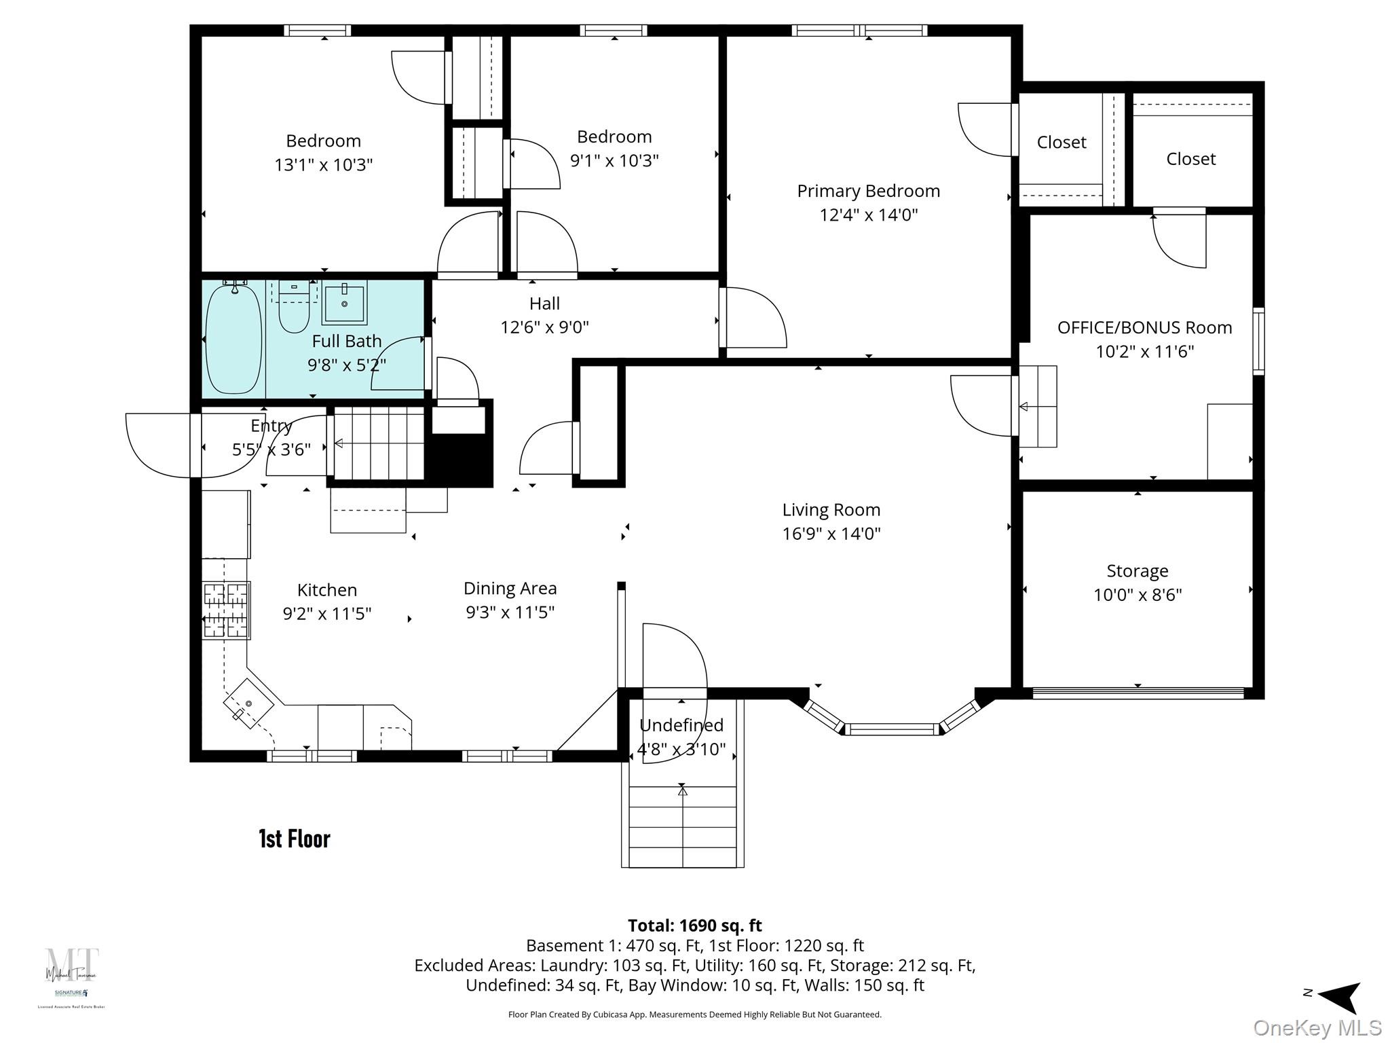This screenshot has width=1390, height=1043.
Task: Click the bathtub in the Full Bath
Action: point(233,339)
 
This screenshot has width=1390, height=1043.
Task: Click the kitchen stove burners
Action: point(226,610)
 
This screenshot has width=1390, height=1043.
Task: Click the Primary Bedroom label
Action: point(868,191)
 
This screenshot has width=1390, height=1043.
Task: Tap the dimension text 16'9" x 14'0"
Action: point(831,534)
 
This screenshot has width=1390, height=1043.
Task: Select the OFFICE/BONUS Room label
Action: point(1144,327)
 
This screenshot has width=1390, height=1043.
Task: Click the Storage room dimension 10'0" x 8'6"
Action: point(1137,595)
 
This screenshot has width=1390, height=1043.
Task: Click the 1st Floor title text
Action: point(295,839)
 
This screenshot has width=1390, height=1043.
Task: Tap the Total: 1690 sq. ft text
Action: point(694,926)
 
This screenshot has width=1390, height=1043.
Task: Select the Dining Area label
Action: point(510,588)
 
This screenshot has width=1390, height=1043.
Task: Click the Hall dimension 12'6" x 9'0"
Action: point(544,327)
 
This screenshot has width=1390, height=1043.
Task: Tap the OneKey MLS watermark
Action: point(1317,1028)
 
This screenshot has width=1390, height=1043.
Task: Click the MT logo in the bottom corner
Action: point(72,965)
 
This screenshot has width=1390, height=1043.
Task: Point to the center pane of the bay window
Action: point(891,729)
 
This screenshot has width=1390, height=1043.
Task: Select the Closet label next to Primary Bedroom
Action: point(1061,142)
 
